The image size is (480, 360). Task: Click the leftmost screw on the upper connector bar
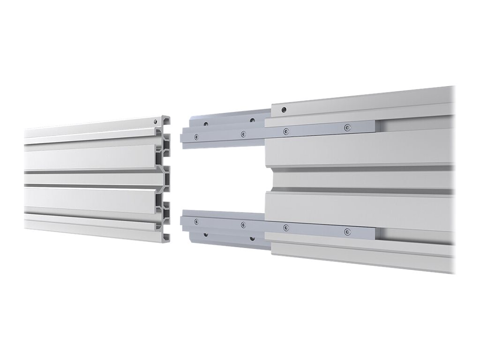(196, 137)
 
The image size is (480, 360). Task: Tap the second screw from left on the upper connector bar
(243, 134)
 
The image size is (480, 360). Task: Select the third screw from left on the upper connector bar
(285, 131)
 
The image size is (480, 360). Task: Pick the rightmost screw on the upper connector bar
(347, 127)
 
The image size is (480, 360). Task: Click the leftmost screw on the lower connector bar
(196, 221)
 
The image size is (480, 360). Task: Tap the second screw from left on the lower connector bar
(243, 225)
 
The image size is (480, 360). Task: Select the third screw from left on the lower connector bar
(285, 228)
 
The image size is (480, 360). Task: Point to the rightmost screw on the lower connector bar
(347, 232)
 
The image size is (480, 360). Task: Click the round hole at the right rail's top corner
(284, 111)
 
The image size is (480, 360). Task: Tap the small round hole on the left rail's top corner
(155, 121)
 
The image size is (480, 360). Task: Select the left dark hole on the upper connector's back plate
(205, 124)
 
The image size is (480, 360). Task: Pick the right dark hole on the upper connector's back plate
(252, 120)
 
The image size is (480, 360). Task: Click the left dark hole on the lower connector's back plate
(205, 234)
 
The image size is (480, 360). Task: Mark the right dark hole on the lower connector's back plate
(252, 238)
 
